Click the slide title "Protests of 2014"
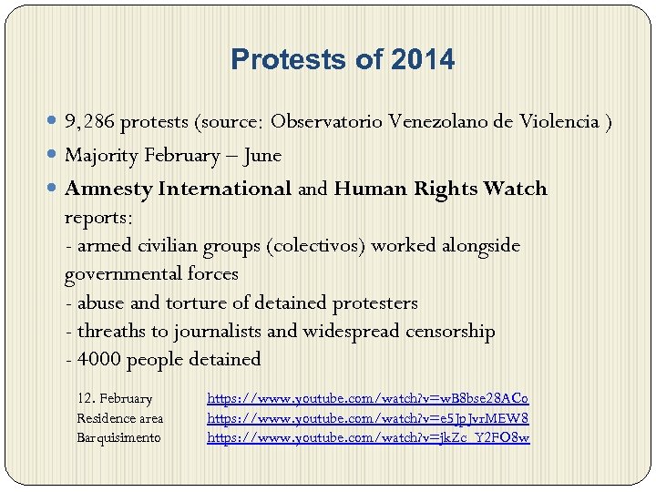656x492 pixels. pos(342,60)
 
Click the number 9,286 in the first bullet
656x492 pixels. pos(89,121)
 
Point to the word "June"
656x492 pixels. pos(263,156)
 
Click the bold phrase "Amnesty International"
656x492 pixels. pos(179,190)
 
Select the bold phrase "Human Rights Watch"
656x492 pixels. pos(441,190)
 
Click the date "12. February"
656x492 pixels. pos(115,398)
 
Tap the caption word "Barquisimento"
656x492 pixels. pos(118,437)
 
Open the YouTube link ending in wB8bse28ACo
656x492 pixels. pos(368,398)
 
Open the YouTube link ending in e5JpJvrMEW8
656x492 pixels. pos(368,418)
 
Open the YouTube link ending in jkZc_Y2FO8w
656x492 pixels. pos(368,437)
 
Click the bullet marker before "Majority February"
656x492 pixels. pos(54,156)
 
